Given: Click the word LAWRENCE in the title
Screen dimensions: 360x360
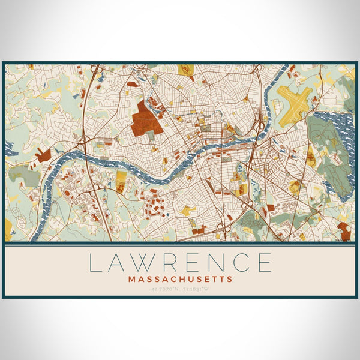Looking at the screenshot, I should coord(180,263).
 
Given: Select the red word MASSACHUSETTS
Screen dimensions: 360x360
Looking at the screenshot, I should coord(180,279).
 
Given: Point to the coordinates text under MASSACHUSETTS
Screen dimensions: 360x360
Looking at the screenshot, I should coord(180,289).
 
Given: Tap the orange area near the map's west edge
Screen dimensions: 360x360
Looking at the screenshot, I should coord(43,155).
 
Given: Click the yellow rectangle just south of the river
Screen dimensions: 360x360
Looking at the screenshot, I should coord(121,178).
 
